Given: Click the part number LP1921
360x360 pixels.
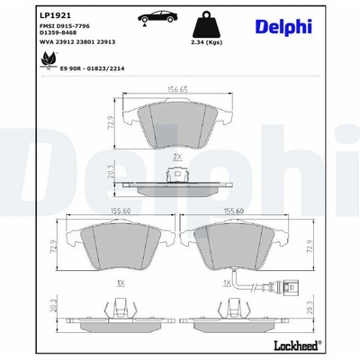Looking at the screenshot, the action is (55, 15).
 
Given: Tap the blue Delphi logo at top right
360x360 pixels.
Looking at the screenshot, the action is (283, 26).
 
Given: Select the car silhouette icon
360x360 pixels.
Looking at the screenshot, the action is (157, 17).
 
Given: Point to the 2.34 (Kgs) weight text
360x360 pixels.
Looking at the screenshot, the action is (206, 42).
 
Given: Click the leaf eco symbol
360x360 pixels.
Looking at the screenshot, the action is (49, 59).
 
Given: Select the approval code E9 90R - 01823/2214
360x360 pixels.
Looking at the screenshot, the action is (93, 68).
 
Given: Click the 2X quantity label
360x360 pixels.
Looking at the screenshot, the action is (177, 157).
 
